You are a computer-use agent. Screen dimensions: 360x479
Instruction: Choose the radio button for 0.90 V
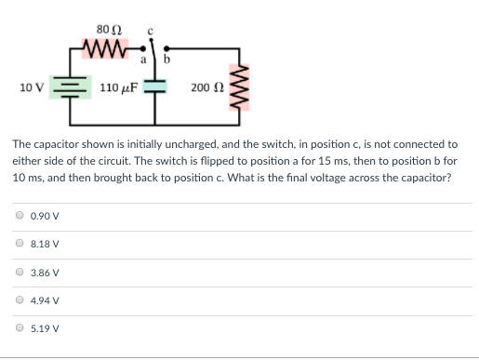tap(20, 216)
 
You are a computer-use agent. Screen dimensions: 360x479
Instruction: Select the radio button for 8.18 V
tap(20, 244)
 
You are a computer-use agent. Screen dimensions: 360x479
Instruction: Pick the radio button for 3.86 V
tap(20, 273)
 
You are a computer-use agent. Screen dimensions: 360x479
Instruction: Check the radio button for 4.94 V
tap(20, 300)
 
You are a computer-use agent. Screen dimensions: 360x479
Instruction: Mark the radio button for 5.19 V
tap(20, 328)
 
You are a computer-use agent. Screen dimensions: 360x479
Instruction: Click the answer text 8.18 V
tap(46, 244)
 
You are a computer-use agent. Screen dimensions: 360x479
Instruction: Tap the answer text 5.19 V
tap(46, 328)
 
